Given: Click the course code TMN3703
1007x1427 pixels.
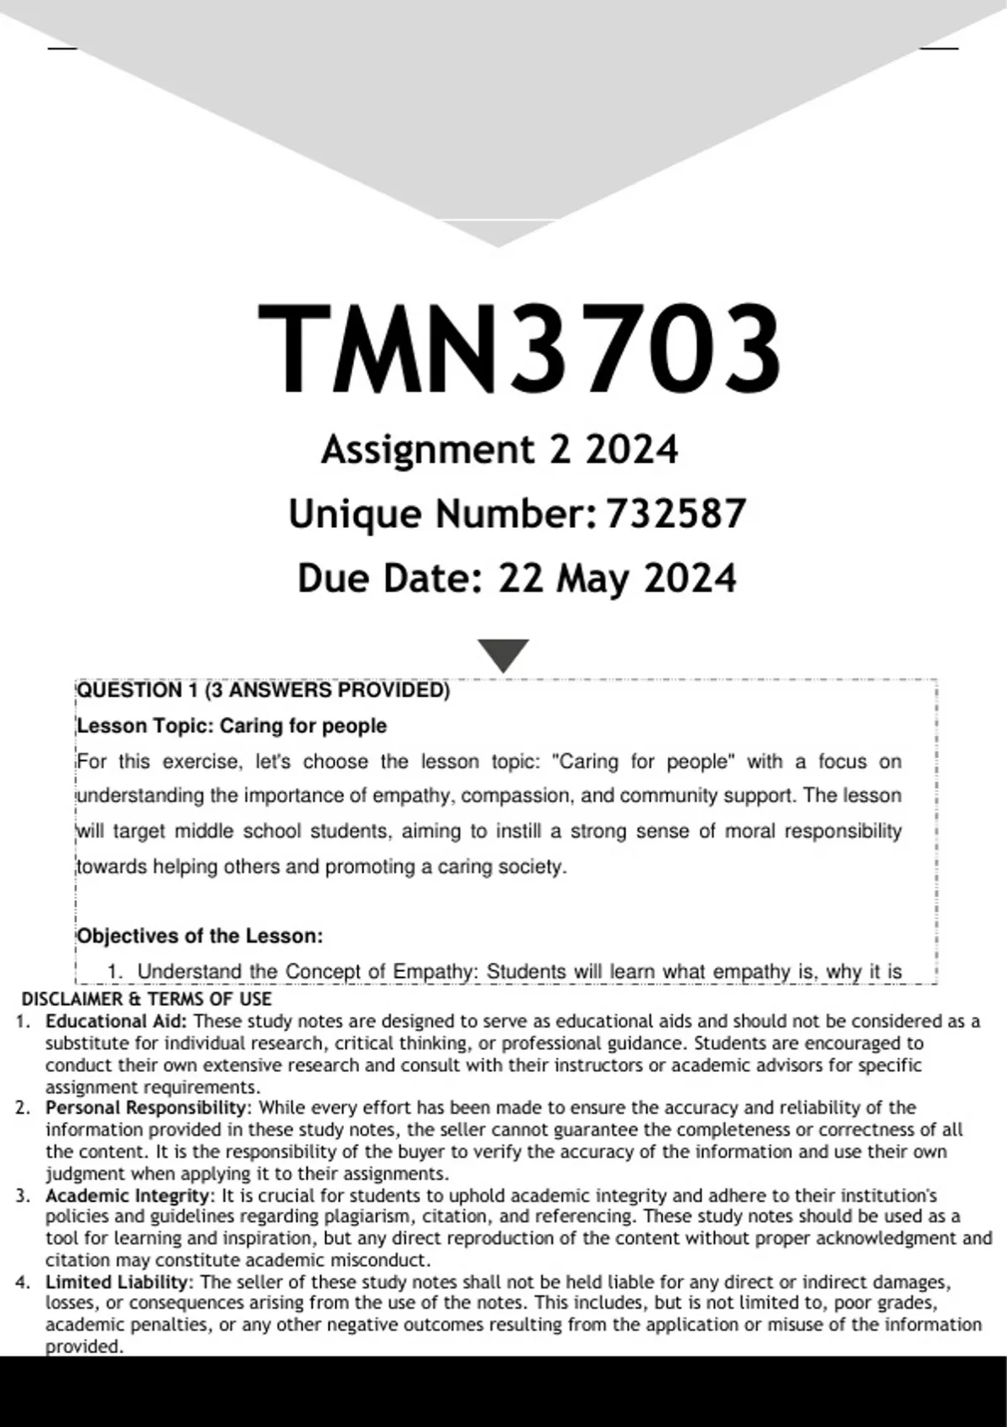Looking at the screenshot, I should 519,348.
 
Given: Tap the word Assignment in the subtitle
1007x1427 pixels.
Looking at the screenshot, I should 427,450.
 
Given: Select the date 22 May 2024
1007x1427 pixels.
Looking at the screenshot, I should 617,578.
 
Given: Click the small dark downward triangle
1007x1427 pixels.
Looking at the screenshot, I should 503,654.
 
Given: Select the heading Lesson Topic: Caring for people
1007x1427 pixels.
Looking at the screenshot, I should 232,726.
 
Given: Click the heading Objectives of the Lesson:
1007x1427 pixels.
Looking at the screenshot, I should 200,936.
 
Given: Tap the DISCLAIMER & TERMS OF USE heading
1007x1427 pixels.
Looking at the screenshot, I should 146,999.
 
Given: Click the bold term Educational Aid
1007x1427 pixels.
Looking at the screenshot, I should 117,1022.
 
